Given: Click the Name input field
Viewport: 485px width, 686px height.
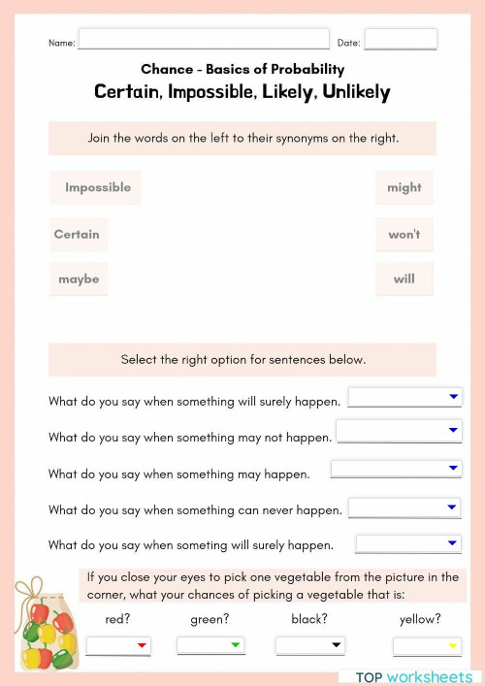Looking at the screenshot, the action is tap(204, 40).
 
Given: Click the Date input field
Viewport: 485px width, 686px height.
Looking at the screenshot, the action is tap(401, 40).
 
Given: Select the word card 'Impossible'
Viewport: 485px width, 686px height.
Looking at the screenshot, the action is tap(96, 187).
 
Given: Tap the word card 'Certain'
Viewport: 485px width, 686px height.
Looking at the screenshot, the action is tap(77, 234).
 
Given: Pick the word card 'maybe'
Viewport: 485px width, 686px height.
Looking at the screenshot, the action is tap(79, 279).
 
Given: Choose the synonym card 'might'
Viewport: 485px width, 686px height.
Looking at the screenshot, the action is tap(404, 187).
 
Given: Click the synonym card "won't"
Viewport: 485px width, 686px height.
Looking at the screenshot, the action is tap(404, 234).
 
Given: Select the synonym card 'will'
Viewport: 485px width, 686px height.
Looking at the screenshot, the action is tap(404, 279).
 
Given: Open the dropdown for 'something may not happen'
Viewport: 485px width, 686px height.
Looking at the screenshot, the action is tap(399, 431).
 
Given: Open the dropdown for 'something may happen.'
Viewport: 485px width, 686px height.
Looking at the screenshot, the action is tap(396, 469).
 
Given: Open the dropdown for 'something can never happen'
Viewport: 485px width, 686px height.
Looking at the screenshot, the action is tap(404, 507).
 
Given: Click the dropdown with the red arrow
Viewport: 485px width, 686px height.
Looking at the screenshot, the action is tap(118, 645).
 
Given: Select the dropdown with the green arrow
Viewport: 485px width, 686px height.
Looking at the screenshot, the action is tap(210, 645).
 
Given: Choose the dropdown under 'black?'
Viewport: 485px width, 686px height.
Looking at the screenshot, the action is tap(310, 645).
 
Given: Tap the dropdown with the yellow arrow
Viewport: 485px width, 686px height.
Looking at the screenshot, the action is tap(427, 646).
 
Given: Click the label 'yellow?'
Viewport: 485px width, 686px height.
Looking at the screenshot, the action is tap(420, 619).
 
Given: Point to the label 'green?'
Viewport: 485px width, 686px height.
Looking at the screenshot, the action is tap(209, 619).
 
